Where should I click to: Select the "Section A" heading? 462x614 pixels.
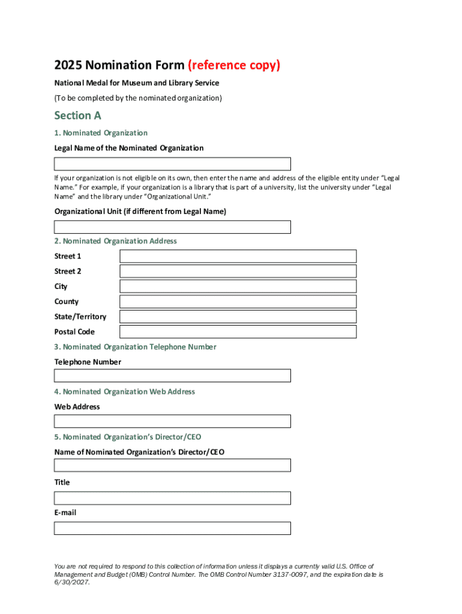pyautogui.click(x=77, y=115)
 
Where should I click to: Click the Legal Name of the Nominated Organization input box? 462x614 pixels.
pyautogui.click(x=172, y=164)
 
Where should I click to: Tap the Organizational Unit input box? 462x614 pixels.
pyautogui.click(x=172, y=227)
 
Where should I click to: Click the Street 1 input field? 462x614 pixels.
pyautogui.click(x=238, y=257)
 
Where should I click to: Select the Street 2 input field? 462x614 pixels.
pyautogui.click(x=238, y=272)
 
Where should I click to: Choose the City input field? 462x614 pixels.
pyautogui.click(x=238, y=287)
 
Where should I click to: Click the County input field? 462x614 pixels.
pyautogui.click(x=238, y=302)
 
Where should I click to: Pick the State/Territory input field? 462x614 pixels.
pyautogui.click(x=238, y=317)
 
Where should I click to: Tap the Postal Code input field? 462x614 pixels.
pyautogui.click(x=238, y=332)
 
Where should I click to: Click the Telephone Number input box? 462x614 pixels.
pyautogui.click(x=172, y=376)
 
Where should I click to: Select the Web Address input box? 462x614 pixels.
pyautogui.click(x=172, y=422)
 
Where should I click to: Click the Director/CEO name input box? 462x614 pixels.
pyautogui.click(x=172, y=466)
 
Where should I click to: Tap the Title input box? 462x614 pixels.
pyautogui.click(x=172, y=498)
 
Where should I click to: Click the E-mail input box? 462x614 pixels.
pyautogui.click(x=172, y=528)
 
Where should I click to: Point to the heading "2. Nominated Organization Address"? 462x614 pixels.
pyautogui.click(x=115, y=241)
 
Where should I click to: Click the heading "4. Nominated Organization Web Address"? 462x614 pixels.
pyautogui.click(x=124, y=392)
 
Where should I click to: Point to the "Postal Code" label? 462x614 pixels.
pyautogui.click(x=74, y=332)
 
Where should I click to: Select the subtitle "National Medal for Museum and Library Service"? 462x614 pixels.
pyautogui.click(x=137, y=83)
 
